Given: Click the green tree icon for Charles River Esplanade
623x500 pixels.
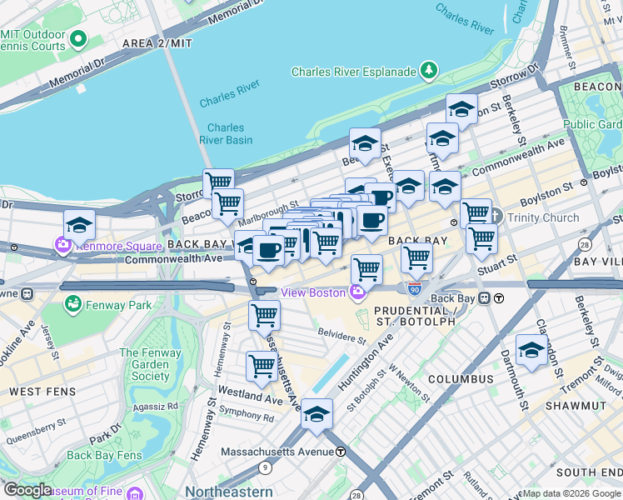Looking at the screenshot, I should click(429, 70).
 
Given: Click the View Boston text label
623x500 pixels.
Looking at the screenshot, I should click(312, 292).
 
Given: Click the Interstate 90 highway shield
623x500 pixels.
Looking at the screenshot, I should click(414, 288).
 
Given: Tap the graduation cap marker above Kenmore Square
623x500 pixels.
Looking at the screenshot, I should click(79, 225).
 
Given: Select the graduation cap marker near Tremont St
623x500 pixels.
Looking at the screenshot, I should click(531, 351).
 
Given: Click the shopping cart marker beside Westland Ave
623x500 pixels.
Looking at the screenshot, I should click(262, 366).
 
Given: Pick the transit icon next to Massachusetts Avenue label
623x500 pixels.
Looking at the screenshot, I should click(341, 452).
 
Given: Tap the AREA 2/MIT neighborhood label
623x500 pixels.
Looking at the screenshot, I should click(157, 42).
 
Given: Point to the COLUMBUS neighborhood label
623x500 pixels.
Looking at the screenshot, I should click(461, 379).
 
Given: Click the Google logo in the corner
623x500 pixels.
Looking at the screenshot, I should click(27, 490).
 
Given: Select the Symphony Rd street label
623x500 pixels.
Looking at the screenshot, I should click(247, 418).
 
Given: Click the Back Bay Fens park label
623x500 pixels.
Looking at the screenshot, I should click(104, 455).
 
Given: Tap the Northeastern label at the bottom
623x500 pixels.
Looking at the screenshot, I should click(228, 492).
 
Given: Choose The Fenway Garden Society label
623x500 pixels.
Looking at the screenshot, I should click(150, 364).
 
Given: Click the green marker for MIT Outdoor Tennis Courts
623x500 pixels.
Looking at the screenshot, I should click(79, 38).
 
